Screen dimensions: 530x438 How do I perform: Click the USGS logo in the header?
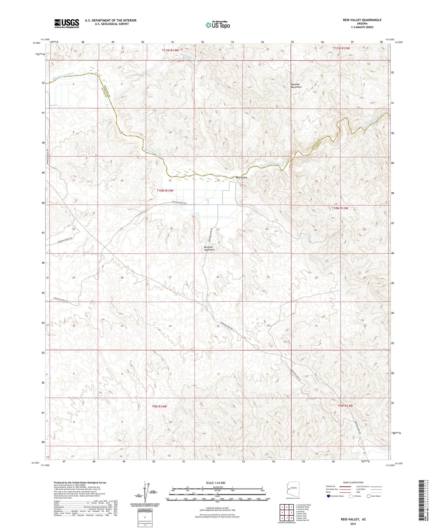67,23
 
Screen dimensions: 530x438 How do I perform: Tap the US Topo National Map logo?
218,25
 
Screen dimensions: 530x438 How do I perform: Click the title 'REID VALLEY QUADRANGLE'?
362,20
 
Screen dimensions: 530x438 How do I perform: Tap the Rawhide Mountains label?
296,86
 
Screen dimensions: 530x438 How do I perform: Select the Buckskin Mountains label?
209,248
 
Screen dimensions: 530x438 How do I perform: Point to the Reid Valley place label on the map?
241,177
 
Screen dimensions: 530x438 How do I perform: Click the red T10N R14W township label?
165,191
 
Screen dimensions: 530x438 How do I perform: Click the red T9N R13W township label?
345,406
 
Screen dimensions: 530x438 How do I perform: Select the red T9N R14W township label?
159,406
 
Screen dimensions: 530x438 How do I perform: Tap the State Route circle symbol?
369,496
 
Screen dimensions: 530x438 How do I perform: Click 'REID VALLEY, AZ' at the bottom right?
353,519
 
